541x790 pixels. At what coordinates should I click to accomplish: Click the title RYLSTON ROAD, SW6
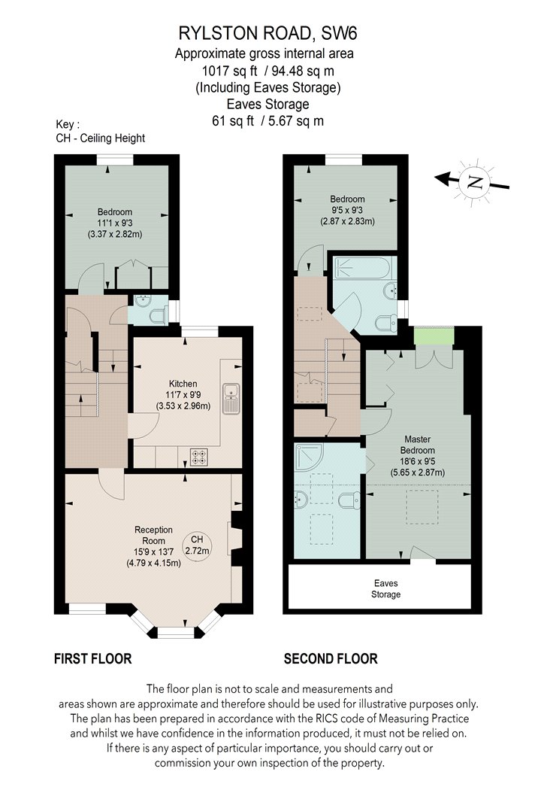point(267,33)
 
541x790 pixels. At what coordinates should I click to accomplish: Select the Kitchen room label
point(183,384)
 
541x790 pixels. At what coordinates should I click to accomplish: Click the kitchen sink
point(231,398)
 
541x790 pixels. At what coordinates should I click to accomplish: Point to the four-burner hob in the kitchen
point(198,457)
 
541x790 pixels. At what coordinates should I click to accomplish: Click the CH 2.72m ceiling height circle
point(197,545)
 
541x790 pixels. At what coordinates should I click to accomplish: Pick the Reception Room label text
point(153,535)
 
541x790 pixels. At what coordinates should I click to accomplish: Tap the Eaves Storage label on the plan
point(386,588)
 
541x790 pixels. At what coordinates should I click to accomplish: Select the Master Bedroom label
point(417,445)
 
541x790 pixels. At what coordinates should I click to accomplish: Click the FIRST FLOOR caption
point(92,658)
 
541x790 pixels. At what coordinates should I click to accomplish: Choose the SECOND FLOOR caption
point(331,658)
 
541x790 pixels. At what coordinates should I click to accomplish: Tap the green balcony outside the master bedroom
point(434,336)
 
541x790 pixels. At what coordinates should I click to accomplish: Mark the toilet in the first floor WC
point(159,316)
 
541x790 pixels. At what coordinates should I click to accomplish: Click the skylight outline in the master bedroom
point(422,508)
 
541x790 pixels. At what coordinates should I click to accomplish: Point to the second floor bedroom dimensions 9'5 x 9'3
point(347,210)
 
